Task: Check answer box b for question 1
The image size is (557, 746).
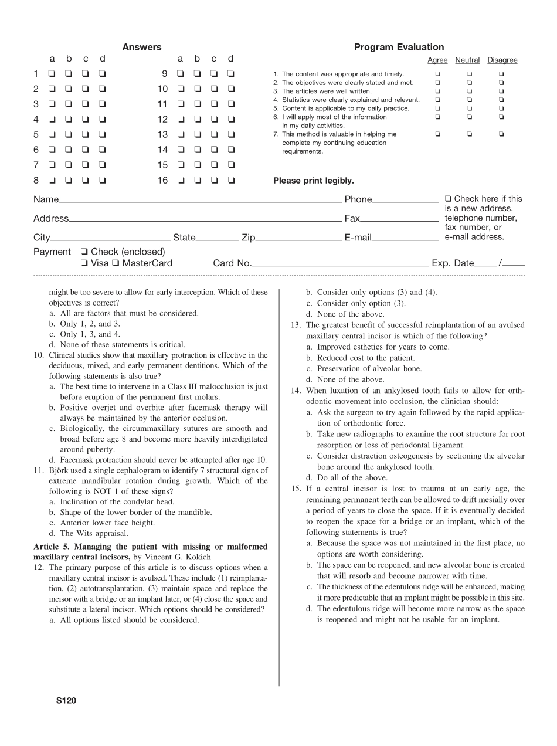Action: tap(69, 74)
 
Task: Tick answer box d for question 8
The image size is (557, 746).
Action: tap(103, 181)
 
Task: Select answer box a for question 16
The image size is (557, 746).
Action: tap(181, 181)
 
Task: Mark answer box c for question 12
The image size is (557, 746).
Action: tap(214, 120)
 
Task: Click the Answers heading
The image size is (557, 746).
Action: tap(142, 48)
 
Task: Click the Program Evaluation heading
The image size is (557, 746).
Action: tap(399, 48)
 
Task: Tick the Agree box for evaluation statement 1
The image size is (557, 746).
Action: tap(437, 74)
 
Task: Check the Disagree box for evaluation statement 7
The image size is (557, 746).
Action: tap(501, 134)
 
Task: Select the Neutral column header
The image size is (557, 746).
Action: tap(467, 60)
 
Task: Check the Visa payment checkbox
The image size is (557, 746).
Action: tap(84, 264)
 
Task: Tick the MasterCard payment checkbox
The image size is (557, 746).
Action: tap(116, 264)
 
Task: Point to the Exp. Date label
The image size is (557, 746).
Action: tap(452, 263)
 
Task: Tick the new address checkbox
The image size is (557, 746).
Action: tap(449, 199)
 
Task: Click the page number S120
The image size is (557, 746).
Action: tap(66, 700)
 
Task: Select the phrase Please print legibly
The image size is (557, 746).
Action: tap(313, 181)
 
